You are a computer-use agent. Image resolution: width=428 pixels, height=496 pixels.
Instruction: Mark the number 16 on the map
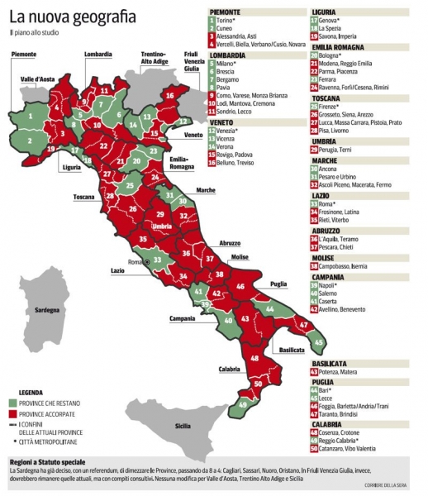click(x=169, y=96)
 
